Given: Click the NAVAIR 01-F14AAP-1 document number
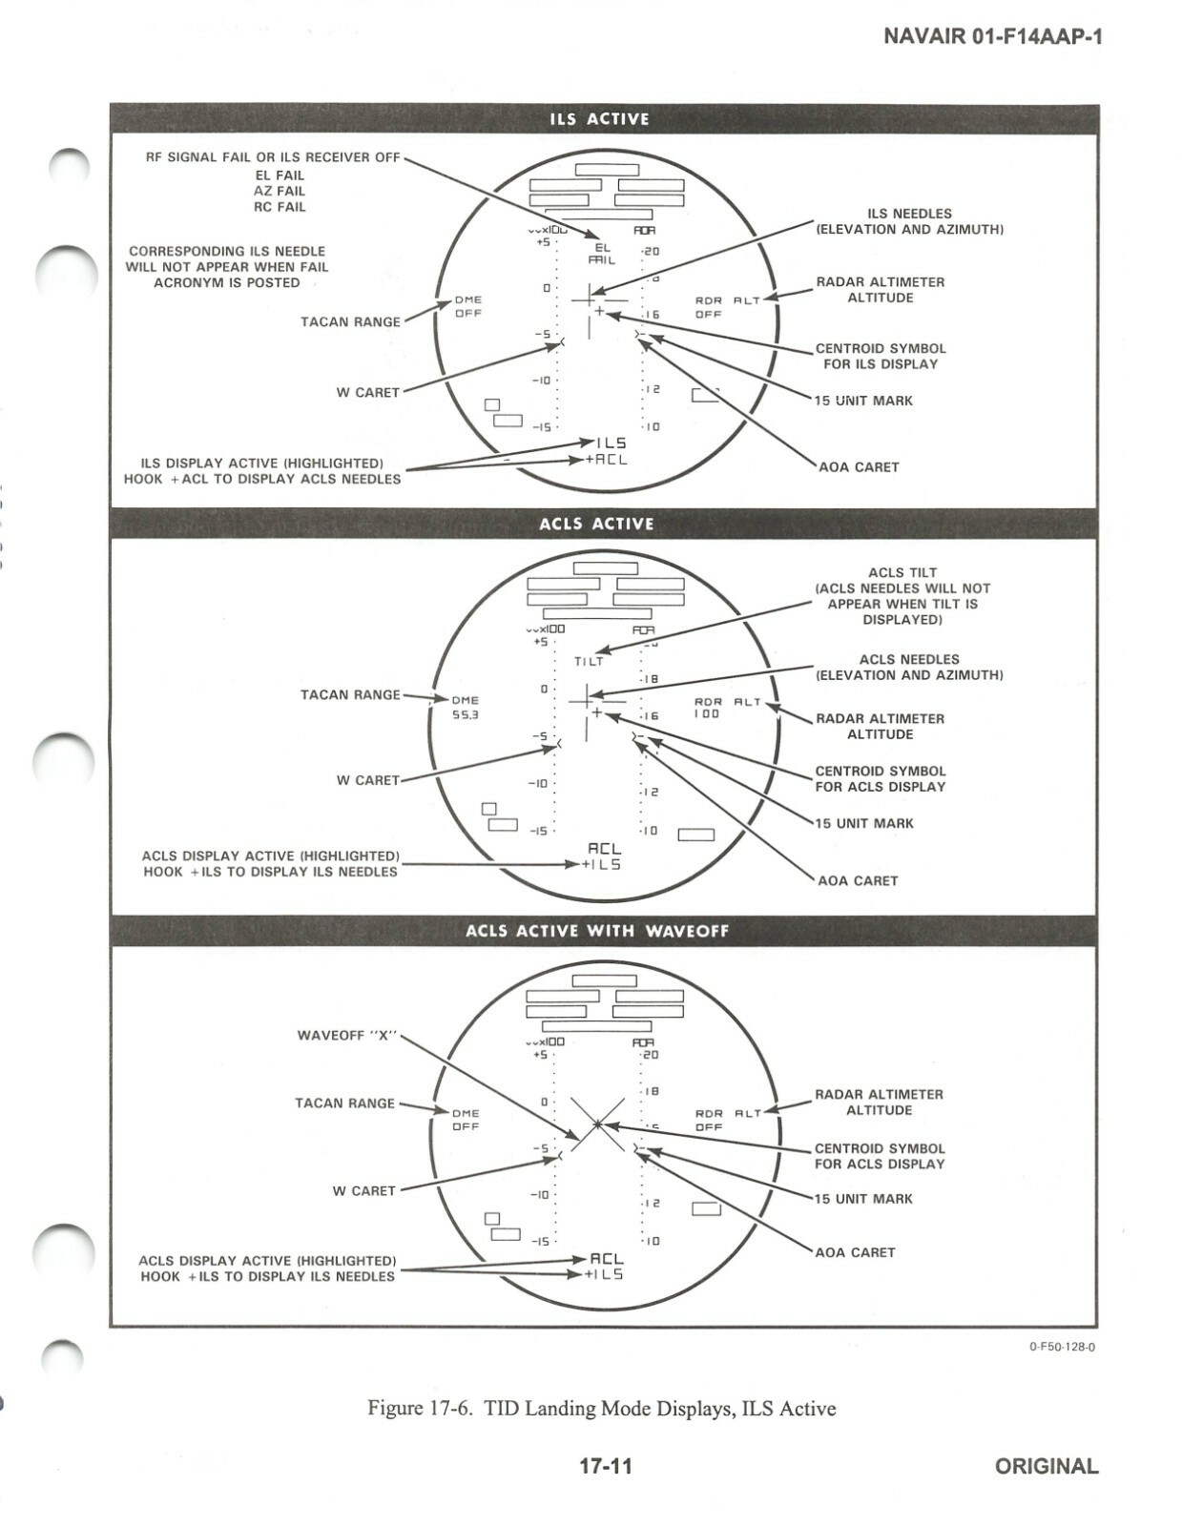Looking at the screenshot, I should (992, 36).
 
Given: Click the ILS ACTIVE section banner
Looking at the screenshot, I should (599, 119).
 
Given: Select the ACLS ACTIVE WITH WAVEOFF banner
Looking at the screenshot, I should (597, 931).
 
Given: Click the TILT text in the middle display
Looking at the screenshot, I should (589, 661).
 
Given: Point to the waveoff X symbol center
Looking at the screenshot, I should (598, 1124).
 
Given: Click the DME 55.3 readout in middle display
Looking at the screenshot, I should (466, 708).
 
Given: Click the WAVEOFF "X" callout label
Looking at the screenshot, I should (346, 1035).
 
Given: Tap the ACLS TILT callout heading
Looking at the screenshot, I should (902, 572).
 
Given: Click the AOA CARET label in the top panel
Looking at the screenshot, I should (859, 467).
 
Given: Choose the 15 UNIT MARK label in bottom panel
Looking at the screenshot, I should (863, 1199).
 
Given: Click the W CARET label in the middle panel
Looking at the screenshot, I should (367, 780).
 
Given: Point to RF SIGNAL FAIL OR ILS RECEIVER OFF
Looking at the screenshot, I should (272, 157).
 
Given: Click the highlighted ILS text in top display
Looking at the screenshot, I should (612, 443).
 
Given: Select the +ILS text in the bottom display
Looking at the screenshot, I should (603, 1274).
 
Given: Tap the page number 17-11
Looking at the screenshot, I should (606, 1466).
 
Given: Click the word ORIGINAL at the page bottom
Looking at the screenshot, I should (1046, 1466).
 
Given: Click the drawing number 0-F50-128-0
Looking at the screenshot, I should (1062, 1347).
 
